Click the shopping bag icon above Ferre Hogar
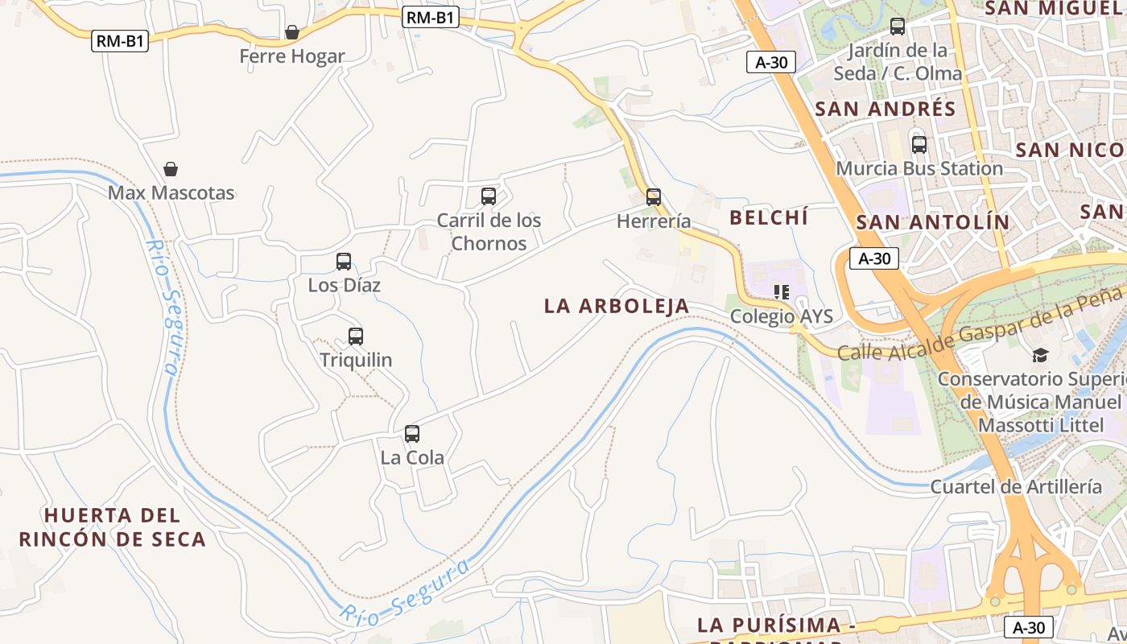(292, 32)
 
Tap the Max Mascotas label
(171, 193)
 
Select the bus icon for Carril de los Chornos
(489, 196)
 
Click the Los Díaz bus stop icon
(344, 262)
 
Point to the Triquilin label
(356, 360)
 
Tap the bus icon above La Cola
(412, 434)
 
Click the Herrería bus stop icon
(654, 196)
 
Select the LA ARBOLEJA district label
(617, 306)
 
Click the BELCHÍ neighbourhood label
(769, 217)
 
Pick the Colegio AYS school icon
(781, 292)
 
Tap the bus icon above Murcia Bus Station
(919, 145)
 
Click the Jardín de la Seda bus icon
(898, 27)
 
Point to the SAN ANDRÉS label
(885, 109)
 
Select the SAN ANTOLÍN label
(932, 222)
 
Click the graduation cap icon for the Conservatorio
(1041, 355)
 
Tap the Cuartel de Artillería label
(1016, 486)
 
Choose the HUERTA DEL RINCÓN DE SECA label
(113, 527)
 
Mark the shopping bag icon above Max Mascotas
(171, 169)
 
